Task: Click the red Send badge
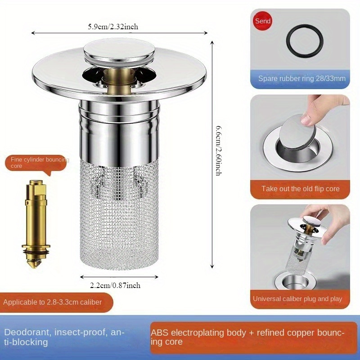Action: tap(263, 21)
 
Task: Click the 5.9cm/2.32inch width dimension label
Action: tap(113, 27)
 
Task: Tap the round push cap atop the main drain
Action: tap(119, 51)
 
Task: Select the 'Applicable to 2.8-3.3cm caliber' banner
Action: tap(53, 302)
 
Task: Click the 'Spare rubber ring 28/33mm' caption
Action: tap(301, 79)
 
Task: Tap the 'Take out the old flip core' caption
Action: tap(301, 189)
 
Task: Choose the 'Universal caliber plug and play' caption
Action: tap(297, 299)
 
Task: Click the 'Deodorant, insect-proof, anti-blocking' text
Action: tap(64, 337)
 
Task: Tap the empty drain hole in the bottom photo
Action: tap(294, 283)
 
